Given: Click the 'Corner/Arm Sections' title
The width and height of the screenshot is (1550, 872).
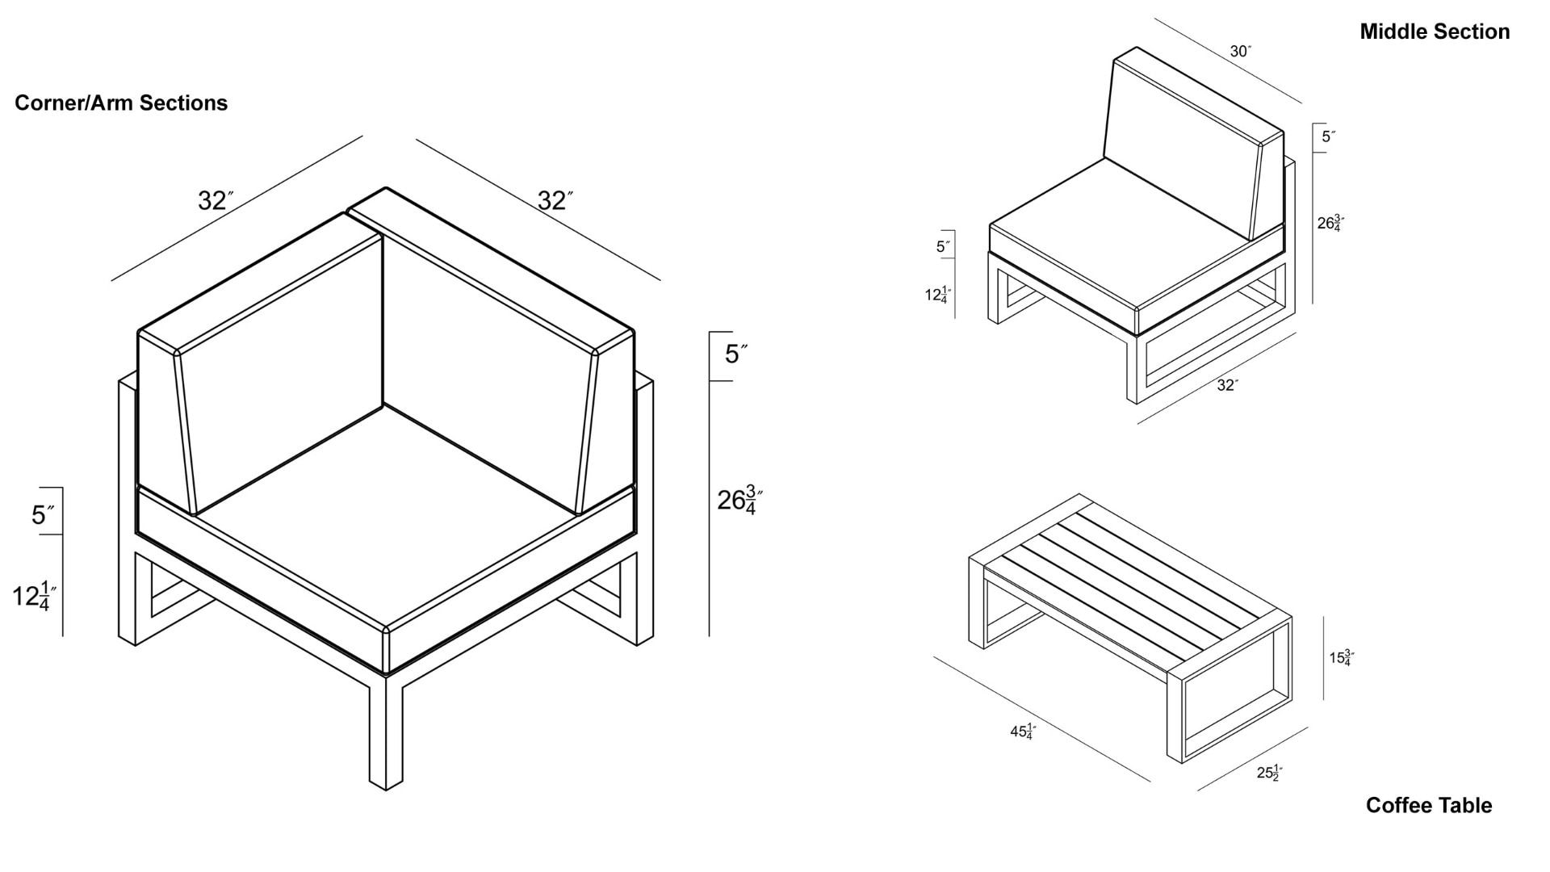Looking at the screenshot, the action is coord(121,103).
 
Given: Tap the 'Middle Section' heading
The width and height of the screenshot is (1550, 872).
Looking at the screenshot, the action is coord(1435,31).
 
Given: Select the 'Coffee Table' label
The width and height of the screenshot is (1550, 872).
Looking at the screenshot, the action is coord(1428,805).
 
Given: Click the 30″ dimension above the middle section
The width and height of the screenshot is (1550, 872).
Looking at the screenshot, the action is coord(1240,52).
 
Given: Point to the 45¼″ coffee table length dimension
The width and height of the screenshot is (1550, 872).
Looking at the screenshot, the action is coord(1023,732).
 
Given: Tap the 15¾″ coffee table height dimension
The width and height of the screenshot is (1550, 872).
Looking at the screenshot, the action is coord(1342,658).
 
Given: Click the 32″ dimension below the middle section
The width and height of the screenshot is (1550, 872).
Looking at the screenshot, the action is coord(1227,385).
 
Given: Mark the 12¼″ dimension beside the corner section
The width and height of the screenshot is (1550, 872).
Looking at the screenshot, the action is coord(34,596).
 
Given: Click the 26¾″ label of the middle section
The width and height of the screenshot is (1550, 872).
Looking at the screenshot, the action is coord(1330,223).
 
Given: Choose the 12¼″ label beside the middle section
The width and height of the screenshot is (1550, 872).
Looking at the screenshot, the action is coord(938,295).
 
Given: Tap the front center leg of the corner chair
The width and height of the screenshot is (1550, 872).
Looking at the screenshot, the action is coord(386,731).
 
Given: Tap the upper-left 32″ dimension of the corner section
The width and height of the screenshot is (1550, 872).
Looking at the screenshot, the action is coord(216,200).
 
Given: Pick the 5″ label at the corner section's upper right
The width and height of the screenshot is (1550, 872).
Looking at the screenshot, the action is coord(735,354).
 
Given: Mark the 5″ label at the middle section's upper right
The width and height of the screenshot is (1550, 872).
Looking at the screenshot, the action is coord(1328,136).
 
